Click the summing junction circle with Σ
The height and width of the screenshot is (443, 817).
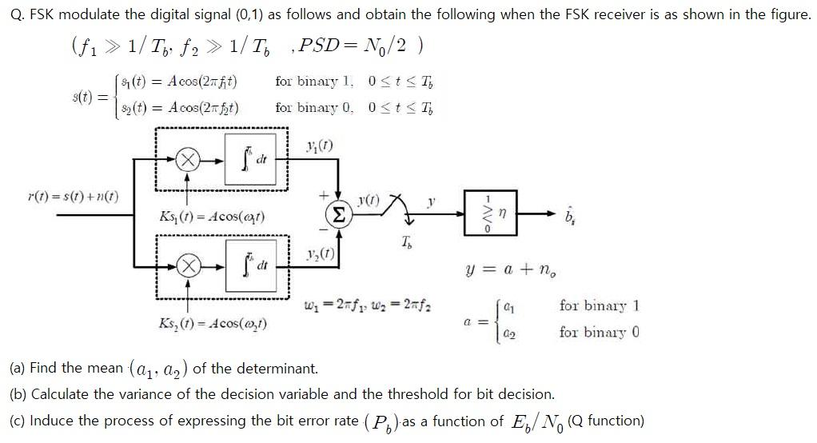[x=339, y=214]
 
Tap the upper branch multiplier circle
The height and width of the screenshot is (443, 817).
[x=188, y=160]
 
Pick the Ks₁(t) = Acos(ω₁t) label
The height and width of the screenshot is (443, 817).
[x=213, y=217]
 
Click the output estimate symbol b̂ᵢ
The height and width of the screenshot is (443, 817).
[x=569, y=216]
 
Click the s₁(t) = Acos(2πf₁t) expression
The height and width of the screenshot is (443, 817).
[x=186, y=82]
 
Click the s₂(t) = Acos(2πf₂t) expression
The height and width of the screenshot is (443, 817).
[x=186, y=107]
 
